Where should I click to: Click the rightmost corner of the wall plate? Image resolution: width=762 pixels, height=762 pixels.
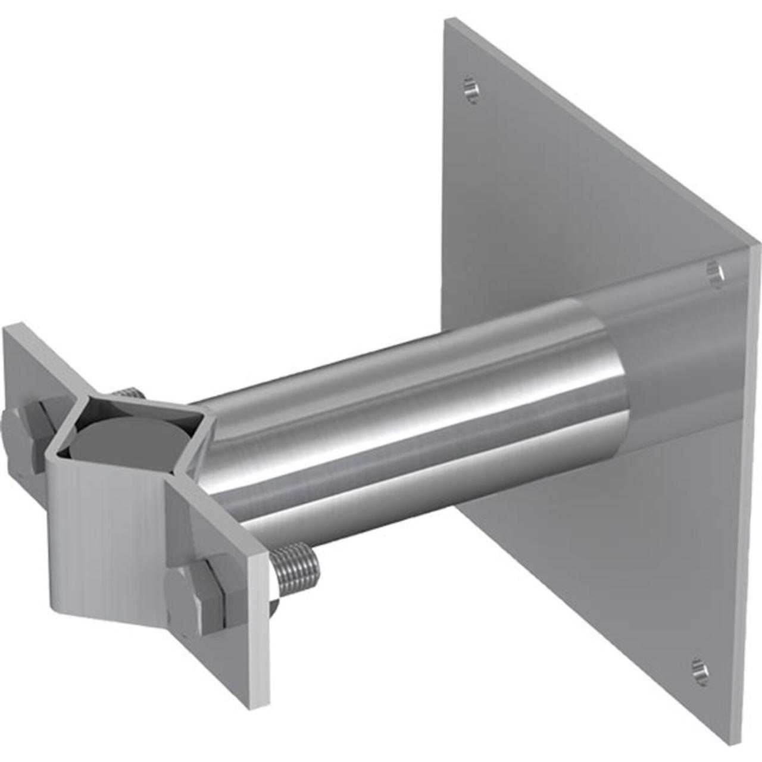[758, 241]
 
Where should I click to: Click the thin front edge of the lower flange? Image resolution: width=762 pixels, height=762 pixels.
[259, 631]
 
